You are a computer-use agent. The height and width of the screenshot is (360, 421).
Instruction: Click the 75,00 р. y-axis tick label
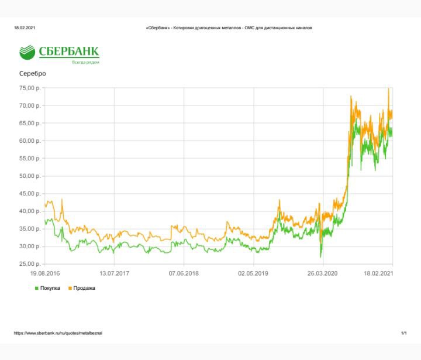pos(30,88)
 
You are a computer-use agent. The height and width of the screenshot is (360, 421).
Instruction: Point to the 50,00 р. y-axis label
pos(30,176)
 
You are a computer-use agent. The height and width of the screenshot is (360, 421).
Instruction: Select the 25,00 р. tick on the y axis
pos(30,264)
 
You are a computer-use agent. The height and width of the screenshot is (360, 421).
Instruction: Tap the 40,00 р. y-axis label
pos(30,211)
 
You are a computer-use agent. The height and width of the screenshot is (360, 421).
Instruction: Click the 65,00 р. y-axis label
pos(30,124)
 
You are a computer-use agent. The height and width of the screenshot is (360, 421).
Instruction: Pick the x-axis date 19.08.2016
pos(45,273)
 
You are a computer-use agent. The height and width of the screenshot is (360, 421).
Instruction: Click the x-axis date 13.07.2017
pos(115,273)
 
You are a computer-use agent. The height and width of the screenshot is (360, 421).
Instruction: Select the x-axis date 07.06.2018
pos(184,273)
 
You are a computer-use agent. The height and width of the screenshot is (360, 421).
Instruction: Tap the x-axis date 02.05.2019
pos(253,273)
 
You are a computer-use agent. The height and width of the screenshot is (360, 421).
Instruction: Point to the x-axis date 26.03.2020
pos(322,273)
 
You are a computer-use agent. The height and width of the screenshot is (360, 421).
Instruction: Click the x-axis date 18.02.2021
pos(378,273)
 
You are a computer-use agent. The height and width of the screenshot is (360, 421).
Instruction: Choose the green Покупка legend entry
pos(47,288)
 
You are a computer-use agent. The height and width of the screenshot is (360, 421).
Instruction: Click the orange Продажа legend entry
pos(82,288)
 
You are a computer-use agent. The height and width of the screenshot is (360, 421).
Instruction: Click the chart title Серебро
pos(33,73)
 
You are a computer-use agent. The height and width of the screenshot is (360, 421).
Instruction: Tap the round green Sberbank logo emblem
pos(27,52)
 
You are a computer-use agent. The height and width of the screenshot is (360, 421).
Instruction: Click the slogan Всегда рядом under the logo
pos(85,63)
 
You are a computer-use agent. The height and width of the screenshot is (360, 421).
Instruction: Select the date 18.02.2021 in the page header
pos(25,28)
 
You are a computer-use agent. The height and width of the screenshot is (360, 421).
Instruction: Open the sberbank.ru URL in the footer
pos(58,333)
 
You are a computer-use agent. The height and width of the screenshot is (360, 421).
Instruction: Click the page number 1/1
pos(404,333)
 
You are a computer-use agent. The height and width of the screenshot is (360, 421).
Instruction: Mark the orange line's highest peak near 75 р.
pos(388,88)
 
